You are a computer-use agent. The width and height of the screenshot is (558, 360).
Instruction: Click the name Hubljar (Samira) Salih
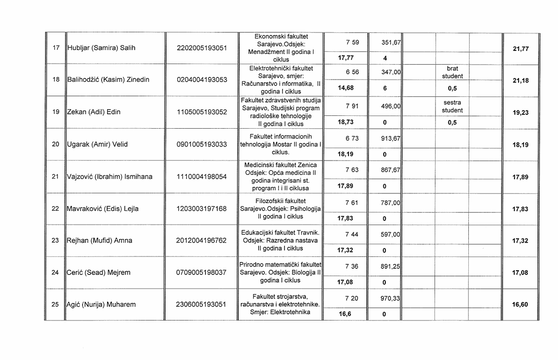(101, 48)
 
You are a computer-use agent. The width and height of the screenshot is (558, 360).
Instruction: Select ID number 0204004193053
(201, 80)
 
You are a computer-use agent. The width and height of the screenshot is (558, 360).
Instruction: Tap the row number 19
(55, 112)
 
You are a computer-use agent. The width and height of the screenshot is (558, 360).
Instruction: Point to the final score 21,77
(520, 49)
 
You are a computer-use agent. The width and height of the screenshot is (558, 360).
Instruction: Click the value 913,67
(390, 138)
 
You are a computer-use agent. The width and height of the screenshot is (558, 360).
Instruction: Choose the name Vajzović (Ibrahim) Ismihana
(110, 177)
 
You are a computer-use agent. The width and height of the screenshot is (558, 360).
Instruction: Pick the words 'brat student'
(452, 72)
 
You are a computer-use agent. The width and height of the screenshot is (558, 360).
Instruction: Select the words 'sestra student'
(452, 107)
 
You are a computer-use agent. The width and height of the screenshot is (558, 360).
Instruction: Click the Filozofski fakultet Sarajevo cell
(280, 209)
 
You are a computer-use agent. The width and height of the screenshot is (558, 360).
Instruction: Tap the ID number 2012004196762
(201, 241)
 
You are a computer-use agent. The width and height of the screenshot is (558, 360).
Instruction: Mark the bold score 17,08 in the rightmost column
(520, 273)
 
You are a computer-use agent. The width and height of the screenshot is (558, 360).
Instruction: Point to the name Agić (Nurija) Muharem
(101, 305)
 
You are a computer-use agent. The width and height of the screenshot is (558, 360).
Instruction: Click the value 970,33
(390, 298)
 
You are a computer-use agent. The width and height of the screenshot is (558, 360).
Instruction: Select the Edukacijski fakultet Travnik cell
(280, 241)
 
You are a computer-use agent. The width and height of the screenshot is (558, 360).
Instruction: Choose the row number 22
(55, 209)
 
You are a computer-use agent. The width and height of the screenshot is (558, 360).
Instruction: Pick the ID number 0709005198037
(201, 273)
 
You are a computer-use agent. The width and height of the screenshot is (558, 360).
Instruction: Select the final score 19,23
(520, 113)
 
